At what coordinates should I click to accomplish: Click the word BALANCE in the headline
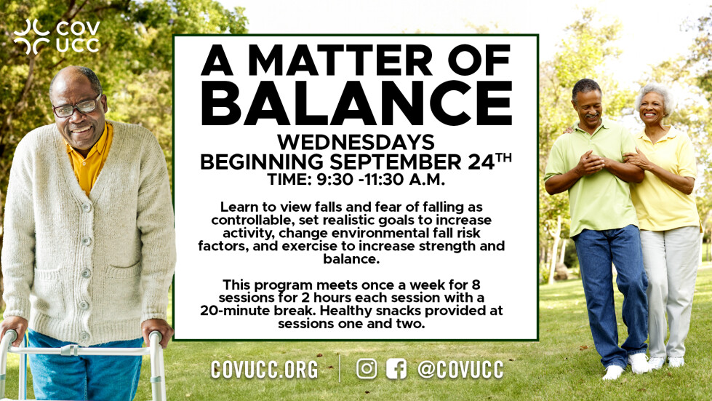(x=356, y=103)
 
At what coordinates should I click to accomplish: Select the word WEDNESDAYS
(x=356, y=142)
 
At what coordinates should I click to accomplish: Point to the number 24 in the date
(x=481, y=162)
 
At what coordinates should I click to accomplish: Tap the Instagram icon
(x=367, y=368)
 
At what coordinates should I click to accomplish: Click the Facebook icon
(x=396, y=368)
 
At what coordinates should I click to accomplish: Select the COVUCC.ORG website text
(x=264, y=369)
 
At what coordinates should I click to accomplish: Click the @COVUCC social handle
(x=460, y=369)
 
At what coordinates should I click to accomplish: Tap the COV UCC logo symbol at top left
(x=31, y=37)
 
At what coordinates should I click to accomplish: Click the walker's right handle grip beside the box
(x=156, y=336)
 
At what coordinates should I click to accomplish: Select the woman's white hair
(x=655, y=96)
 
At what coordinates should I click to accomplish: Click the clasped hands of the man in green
(x=591, y=162)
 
